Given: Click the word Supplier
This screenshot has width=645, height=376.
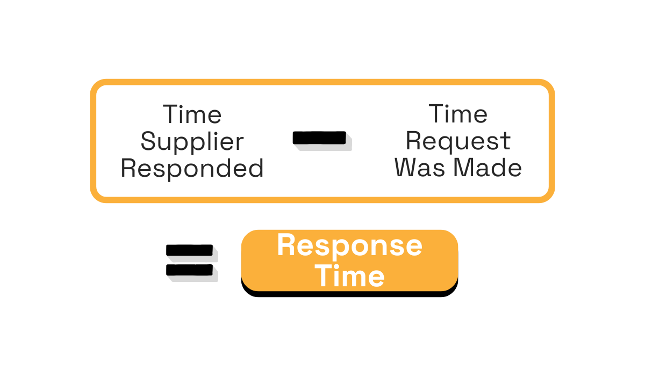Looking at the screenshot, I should click(192, 142).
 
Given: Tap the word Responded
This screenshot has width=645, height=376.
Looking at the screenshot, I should click(192, 169).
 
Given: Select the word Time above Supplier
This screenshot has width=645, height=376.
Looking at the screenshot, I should click(192, 115).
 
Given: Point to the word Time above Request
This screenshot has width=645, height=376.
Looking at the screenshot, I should click(458, 114).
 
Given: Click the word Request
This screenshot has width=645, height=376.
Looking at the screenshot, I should click(458, 141).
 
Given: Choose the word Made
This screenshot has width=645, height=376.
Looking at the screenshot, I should click(488, 168).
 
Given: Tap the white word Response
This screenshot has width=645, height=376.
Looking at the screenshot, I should click(349, 245).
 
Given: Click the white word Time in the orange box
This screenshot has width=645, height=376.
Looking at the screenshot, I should click(349, 276).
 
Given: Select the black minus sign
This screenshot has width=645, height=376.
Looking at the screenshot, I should click(319, 138).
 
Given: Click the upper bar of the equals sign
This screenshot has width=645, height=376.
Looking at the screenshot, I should click(190, 250).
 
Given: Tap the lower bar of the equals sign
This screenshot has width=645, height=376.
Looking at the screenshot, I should click(190, 270).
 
